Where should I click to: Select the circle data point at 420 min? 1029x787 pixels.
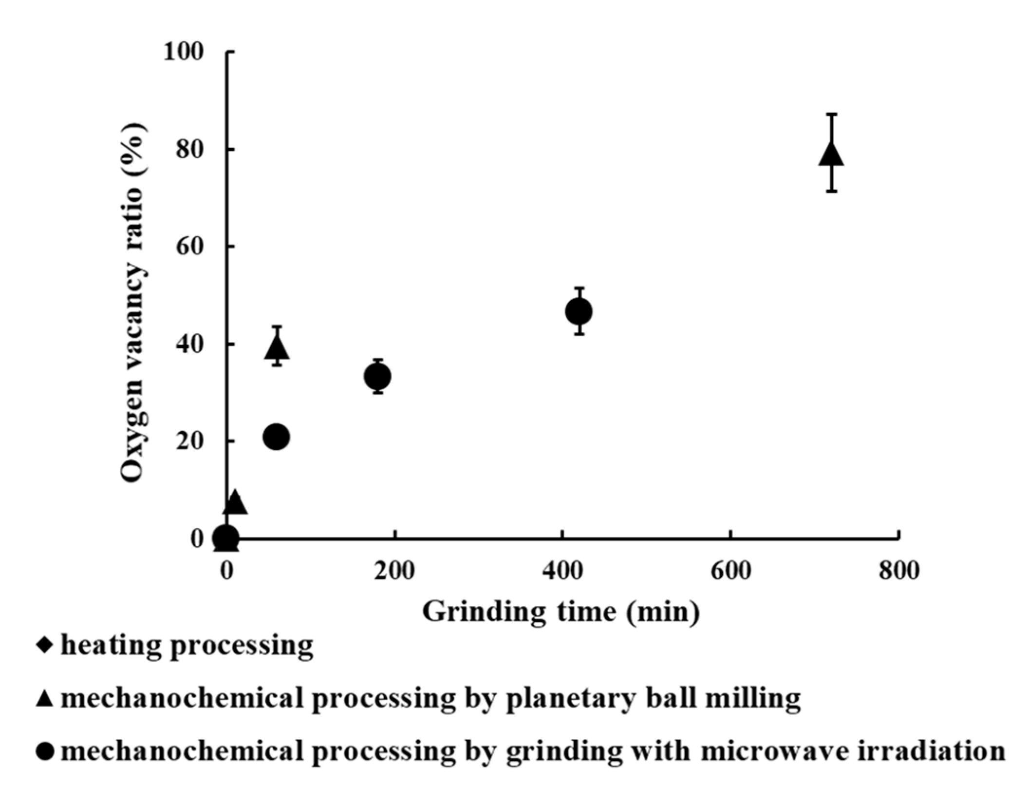(579, 311)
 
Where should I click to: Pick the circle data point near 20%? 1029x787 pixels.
(276, 437)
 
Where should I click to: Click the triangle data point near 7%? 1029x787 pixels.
(235, 503)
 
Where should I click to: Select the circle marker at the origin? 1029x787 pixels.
(226, 538)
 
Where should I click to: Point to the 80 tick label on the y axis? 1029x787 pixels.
(189, 150)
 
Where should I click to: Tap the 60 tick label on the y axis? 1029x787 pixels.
(189, 247)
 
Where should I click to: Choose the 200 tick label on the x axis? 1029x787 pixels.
(394, 570)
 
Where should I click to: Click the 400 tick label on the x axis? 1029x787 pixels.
(563, 570)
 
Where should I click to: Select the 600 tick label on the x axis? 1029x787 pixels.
(731, 570)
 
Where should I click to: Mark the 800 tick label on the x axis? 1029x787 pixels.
(899, 570)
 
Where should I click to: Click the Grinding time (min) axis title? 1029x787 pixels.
(561, 612)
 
